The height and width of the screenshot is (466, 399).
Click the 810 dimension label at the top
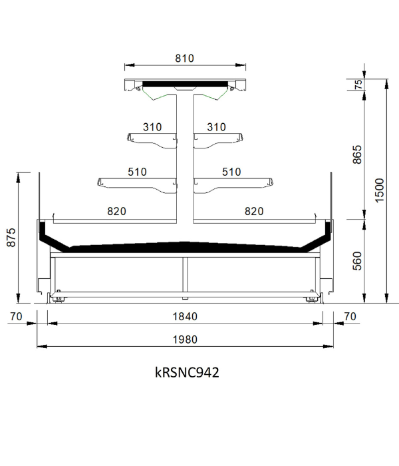[184, 59]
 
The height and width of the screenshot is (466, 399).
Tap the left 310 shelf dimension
[152, 127]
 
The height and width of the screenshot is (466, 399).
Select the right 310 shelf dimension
[216, 127]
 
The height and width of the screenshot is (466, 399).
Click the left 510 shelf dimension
[137, 172]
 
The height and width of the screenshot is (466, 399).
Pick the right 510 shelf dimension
[231, 172]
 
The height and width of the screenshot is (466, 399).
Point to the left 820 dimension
[116, 211]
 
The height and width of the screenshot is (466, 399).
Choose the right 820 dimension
[254, 211]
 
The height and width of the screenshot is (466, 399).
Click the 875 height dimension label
[11, 238]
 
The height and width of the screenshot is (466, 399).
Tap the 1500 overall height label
[380, 190]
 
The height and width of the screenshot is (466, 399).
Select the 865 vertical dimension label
[357, 154]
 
